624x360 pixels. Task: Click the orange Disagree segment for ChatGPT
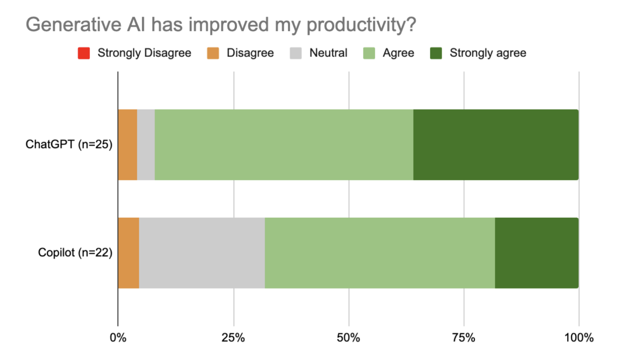(x=127, y=145)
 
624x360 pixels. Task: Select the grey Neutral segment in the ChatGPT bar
(x=146, y=145)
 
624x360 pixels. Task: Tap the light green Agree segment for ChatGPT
(x=284, y=145)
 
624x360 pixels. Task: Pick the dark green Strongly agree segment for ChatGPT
(x=495, y=145)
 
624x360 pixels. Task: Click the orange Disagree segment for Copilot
(x=129, y=253)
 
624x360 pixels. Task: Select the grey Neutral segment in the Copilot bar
(x=202, y=253)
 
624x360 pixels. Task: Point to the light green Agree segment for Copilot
(x=379, y=253)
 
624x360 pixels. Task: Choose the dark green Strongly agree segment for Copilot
(x=536, y=253)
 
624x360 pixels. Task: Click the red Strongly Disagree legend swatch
(x=84, y=53)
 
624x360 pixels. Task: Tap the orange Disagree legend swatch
(x=213, y=53)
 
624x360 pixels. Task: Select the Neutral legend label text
(x=328, y=53)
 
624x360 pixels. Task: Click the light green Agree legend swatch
(x=369, y=53)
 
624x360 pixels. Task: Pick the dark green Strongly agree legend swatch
(x=436, y=53)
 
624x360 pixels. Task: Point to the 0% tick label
(x=118, y=338)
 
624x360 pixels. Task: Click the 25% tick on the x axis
(x=233, y=338)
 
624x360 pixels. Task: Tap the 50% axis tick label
(x=348, y=338)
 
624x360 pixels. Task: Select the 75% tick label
(x=463, y=338)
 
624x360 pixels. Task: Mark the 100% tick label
(x=579, y=338)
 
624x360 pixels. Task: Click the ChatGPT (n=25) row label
(x=69, y=144)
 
